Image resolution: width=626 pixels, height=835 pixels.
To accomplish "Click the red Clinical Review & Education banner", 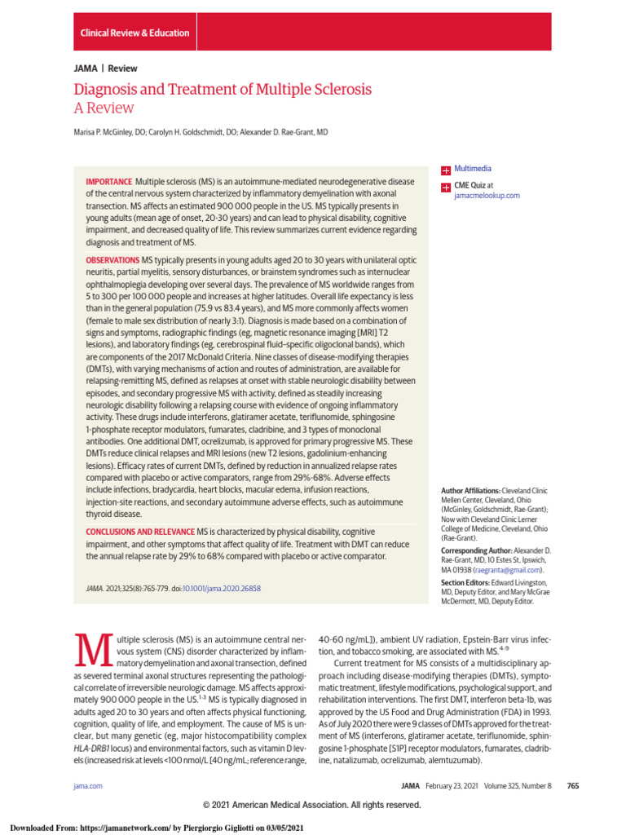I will point(134,33).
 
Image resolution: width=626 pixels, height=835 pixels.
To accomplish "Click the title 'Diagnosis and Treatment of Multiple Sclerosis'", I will point(223,90).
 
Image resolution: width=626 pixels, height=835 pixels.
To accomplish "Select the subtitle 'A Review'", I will point(104,108).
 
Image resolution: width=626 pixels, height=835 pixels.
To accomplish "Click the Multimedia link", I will point(473,169).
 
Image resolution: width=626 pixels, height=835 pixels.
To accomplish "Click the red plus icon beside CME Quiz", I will point(445,187).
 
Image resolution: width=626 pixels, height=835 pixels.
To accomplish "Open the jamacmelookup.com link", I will point(487,196).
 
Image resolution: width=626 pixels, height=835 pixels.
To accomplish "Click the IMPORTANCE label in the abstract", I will point(109,180).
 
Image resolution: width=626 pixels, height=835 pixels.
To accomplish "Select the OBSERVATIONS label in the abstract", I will point(113,260).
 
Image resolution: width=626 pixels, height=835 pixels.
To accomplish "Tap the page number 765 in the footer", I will point(572,785).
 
